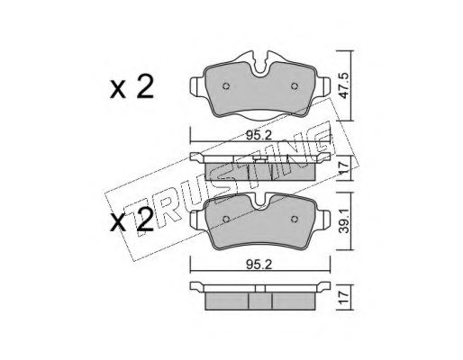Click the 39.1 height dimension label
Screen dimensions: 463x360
344,221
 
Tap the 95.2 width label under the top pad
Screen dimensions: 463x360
259,136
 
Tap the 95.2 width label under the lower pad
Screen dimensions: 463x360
259,265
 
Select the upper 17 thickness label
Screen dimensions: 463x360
344,167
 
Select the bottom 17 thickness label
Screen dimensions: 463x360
344,297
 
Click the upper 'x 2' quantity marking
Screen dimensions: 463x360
132,87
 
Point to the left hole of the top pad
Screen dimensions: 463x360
226,86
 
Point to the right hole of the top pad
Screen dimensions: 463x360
295,86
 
